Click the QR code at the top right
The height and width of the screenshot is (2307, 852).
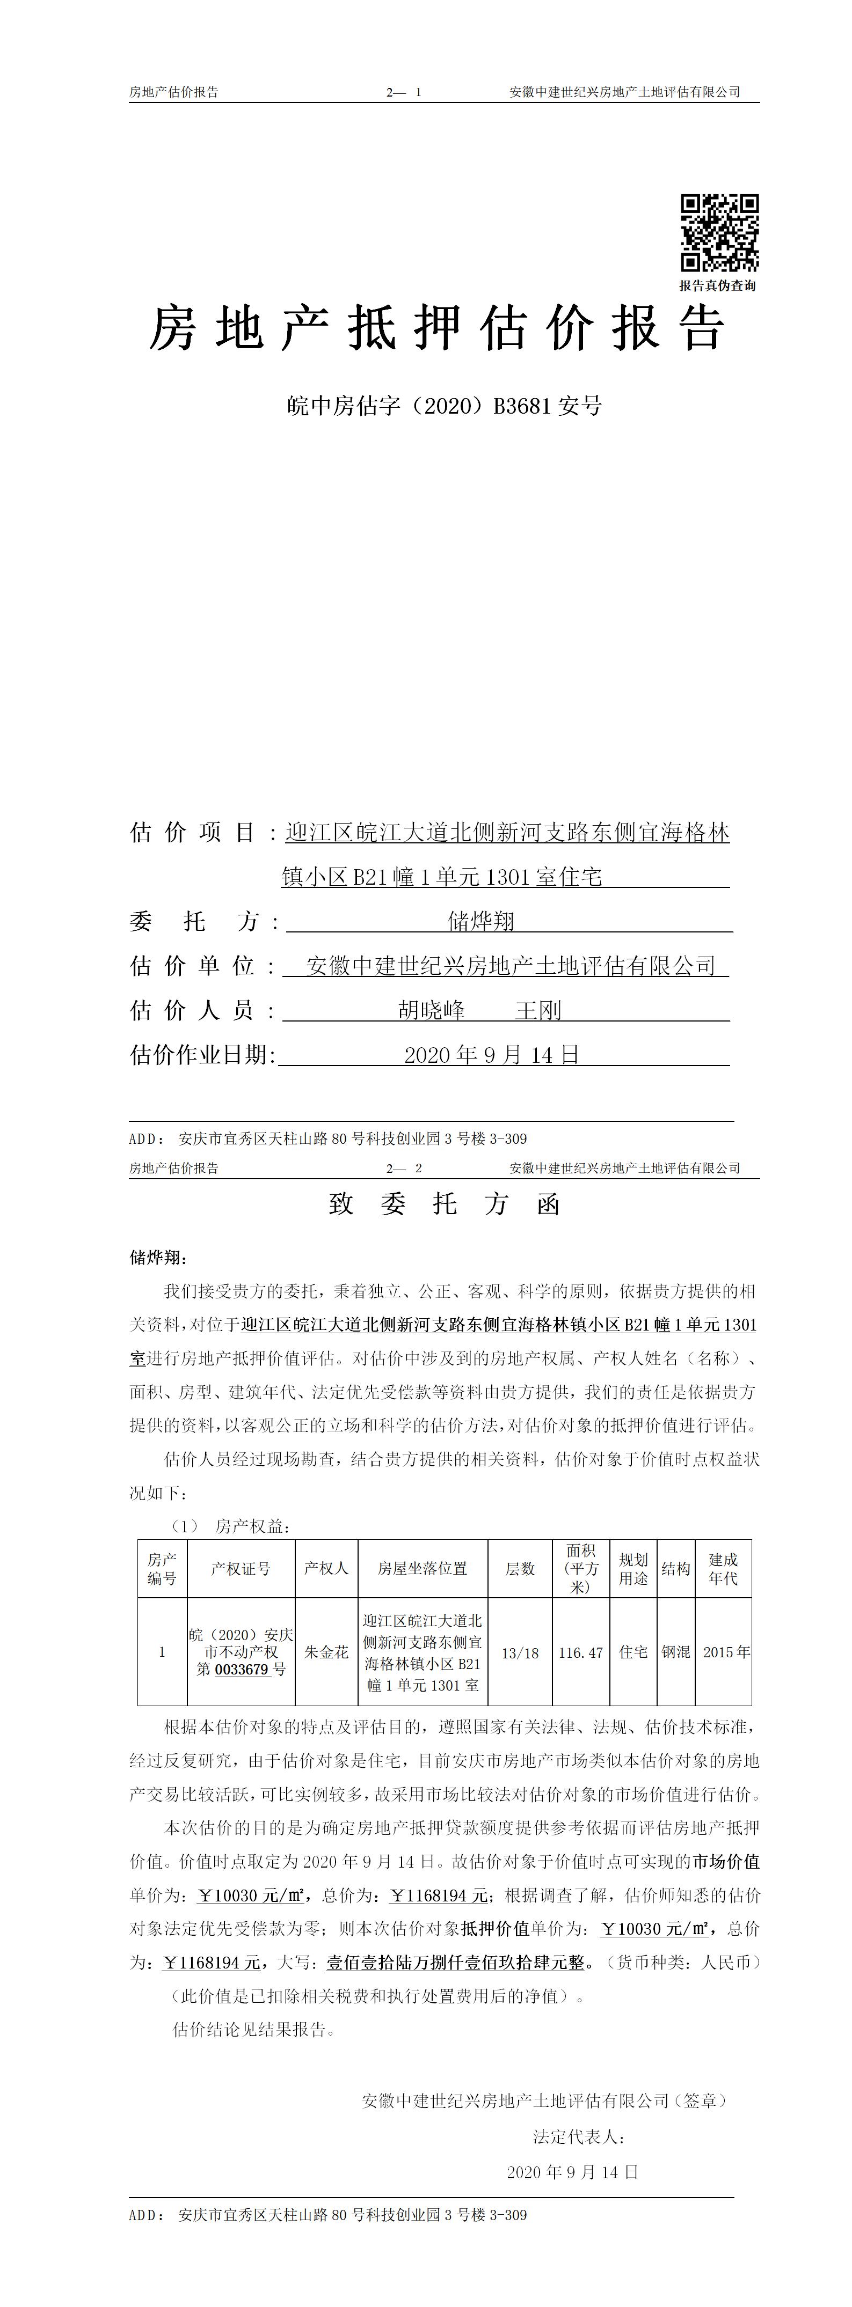[719, 233]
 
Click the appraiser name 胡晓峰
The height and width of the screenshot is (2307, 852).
[432, 1010]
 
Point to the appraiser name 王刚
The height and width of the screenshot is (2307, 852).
[538, 1010]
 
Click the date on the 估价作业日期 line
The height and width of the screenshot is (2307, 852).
[492, 1054]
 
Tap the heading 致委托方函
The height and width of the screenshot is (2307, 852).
[445, 1203]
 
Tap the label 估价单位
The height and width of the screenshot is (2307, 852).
[193, 965]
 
